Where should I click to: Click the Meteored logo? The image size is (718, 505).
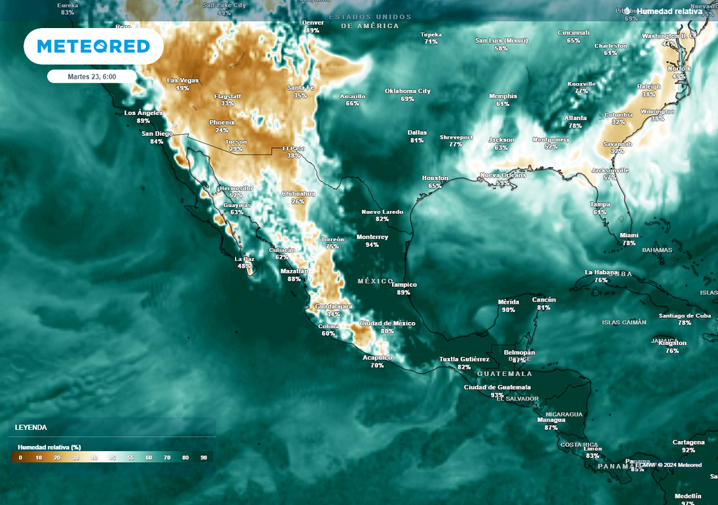[x=93, y=46]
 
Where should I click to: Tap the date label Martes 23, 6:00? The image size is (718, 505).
[x=92, y=76]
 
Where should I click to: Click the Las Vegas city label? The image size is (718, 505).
[x=182, y=81]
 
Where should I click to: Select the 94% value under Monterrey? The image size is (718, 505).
[x=372, y=245]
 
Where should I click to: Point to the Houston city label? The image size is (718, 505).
[x=435, y=178]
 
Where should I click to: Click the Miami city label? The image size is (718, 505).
[x=629, y=236]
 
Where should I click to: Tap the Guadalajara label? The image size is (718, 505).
[x=333, y=307]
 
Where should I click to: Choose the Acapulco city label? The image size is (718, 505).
[x=377, y=357]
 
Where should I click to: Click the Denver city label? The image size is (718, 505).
[x=313, y=22]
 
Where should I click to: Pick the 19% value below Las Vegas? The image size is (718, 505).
[x=182, y=88]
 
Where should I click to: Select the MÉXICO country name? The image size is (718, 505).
[x=376, y=281]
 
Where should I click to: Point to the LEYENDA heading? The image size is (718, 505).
[x=32, y=426]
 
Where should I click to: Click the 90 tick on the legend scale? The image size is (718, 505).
[x=203, y=457]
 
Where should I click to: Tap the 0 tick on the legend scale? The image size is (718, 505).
[x=20, y=457]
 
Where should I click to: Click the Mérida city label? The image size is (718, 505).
[x=508, y=302]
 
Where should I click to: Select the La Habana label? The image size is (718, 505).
[x=600, y=272]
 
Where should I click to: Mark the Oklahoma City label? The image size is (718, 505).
[x=407, y=91]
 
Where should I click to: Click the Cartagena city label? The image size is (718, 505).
[x=688, y=442]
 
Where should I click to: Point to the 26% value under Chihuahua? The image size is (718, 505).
[x=298, y=201]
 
